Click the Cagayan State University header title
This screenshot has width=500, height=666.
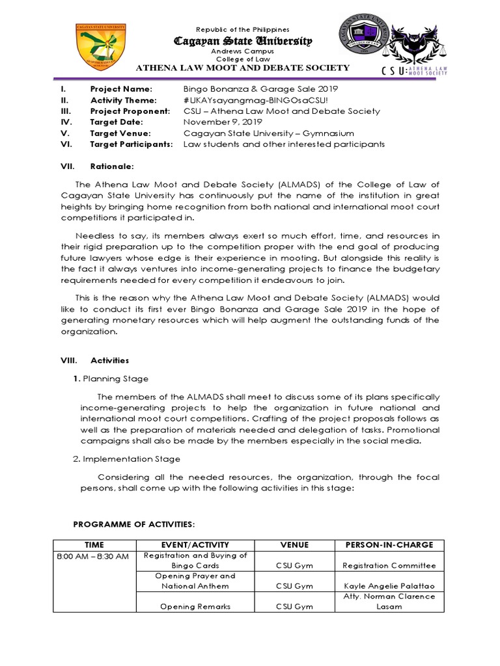242,41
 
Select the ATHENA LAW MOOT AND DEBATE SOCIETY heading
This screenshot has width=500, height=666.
242,68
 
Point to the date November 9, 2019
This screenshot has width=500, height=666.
223,122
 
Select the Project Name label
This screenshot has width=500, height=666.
121,89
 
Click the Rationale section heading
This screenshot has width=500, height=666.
112,166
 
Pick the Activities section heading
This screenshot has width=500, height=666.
109,360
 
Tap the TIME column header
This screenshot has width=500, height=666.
94,544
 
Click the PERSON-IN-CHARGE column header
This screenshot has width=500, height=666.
389,544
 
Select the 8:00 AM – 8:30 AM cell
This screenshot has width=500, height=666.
94,556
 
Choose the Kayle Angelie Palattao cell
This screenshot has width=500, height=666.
389,586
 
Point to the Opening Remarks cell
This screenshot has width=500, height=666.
195,606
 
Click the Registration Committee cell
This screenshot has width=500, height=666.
389,566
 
